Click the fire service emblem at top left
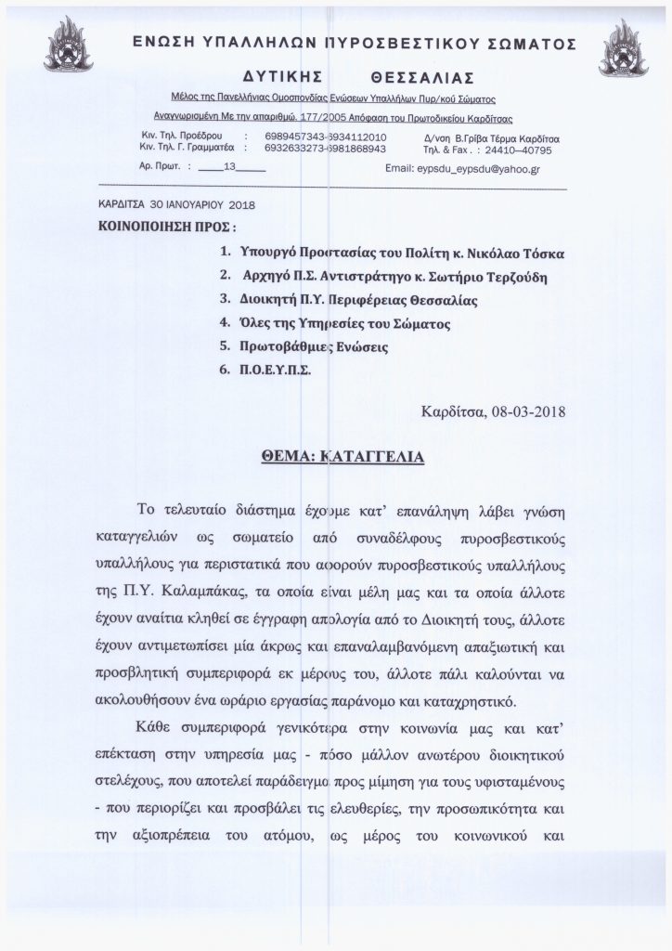(x=68, y=48)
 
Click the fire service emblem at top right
(x=624, y=47)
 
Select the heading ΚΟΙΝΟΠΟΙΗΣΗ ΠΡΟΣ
(x=165, y=226)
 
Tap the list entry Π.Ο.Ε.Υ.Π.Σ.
(x=276, y=370)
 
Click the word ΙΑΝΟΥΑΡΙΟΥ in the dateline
(x=186, y=205)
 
